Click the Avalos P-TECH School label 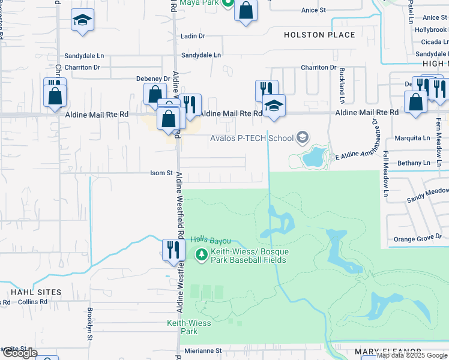(252, 139)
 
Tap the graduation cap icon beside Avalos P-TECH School (303, 139)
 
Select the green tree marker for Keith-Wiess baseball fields (202, 254)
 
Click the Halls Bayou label (211, 239)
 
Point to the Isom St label (161, 173)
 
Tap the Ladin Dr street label (193, 36)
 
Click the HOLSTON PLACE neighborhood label (319, 35)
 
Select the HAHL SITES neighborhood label (36, 292)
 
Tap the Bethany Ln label (414, 163)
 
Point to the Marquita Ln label (413, 137)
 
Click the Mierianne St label (203, 350)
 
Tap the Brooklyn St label (89, 323)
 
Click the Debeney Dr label (153, 79)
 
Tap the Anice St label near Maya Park (313, 10)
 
